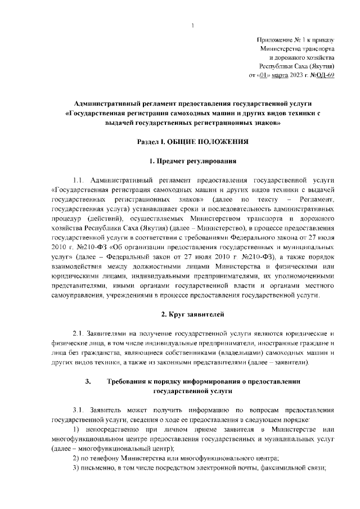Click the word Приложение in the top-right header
point(273,40)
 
